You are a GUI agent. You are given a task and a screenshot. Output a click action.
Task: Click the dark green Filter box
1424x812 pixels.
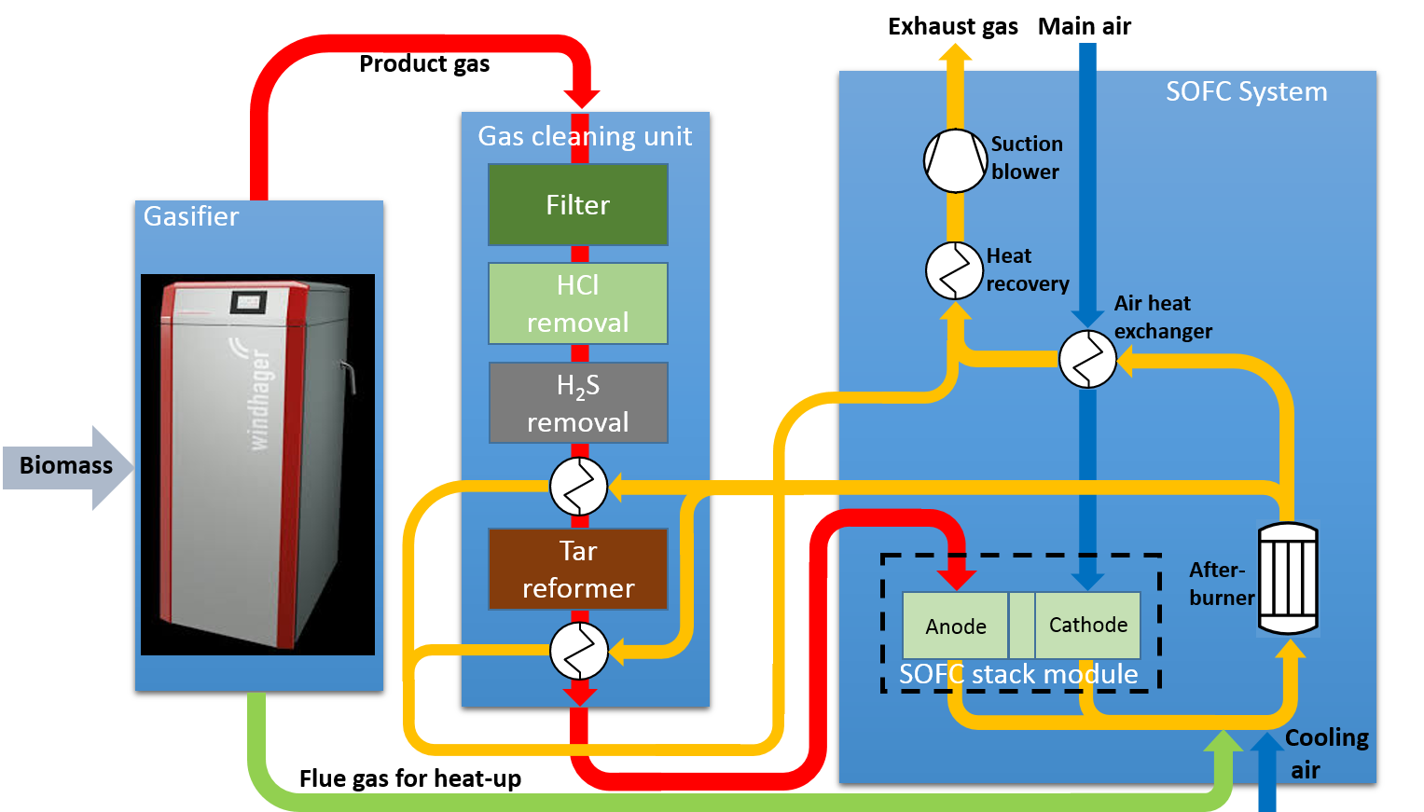click(x=578, y=205)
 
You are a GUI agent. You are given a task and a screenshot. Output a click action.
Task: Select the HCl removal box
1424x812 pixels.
click(x=578, y=304)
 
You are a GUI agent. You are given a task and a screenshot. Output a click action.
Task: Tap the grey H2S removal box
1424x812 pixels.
click(x=578, y=403)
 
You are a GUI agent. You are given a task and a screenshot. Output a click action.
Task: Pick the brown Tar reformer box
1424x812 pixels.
click(x=578, y=570)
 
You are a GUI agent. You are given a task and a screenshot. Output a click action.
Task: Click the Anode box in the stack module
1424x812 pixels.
click(x=955, y=626)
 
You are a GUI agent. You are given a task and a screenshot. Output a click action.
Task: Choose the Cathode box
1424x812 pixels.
click(x=1087, y=625)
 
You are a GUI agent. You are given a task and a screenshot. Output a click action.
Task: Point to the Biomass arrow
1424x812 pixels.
click(x=68, y=466)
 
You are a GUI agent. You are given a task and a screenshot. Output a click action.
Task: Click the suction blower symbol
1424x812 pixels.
click(x=955, y=160)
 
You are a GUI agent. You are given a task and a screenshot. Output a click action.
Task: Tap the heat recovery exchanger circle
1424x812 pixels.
click(x=954, y=271)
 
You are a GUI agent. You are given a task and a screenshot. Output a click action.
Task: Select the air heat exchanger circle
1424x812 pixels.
click(x=1087, y=359)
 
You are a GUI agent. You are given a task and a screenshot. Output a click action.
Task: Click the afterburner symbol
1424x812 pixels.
click(x=1288, y=578)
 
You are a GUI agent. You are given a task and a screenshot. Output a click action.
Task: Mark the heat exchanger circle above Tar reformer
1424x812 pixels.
click(x=578, y=487)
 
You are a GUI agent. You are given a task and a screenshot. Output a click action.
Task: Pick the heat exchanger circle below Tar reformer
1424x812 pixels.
click(x=578, y=651)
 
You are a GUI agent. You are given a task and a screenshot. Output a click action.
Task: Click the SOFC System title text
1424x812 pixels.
click(x=1246, y=92)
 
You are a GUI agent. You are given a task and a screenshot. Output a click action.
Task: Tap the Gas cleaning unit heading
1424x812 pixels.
click(x=585, y=137)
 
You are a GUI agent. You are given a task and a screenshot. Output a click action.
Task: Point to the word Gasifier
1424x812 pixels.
click(x=191, y=217)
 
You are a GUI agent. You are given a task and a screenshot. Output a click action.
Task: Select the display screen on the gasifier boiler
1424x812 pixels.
click(x=248, y=302)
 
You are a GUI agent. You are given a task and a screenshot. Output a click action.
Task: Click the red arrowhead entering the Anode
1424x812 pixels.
click(x=956, y=578)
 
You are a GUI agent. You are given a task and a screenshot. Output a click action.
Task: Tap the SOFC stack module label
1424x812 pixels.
click(x=1018, y=674)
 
